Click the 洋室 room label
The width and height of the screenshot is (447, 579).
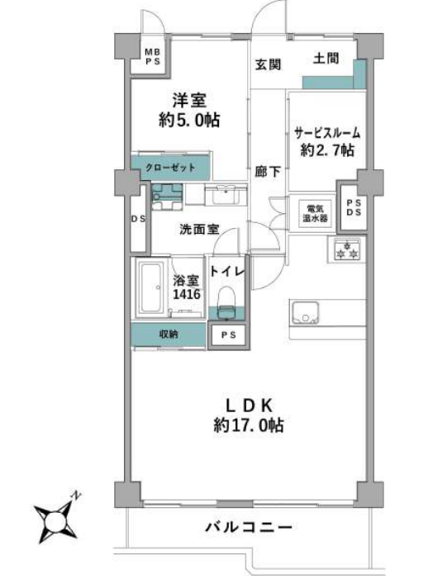(x=189, y=101)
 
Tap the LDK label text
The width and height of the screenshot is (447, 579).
(x=250, y=406)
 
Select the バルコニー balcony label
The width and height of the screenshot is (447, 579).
(x=249, y=527)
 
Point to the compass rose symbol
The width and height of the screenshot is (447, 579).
(x=56, y=522)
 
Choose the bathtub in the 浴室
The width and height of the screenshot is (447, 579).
(x=150, y=287)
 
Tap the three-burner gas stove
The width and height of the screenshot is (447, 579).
(x=346, y=250)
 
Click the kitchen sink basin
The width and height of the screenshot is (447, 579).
(x=305, y=312)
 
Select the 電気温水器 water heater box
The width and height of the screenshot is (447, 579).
(x=315, y=214)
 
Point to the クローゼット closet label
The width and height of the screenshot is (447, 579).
(x=170, y=168)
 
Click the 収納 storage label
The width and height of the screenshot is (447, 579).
(x=169, y=335)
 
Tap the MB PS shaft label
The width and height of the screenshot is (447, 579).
(x=153, y=57)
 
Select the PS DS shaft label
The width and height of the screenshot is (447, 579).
(x=354, y=208)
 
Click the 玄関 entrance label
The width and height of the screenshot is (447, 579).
(x=269, y=64)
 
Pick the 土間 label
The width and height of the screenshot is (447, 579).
(x=326, y=59)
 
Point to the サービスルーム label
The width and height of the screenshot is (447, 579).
(x=327, y=132)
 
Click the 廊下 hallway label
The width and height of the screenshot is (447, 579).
(x=269, y=171)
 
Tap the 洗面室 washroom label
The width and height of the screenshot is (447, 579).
(x=199, y=230)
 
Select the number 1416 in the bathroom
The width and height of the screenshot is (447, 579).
(x=187, y=294)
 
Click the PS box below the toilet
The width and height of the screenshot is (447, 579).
(x=229, y=335)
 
